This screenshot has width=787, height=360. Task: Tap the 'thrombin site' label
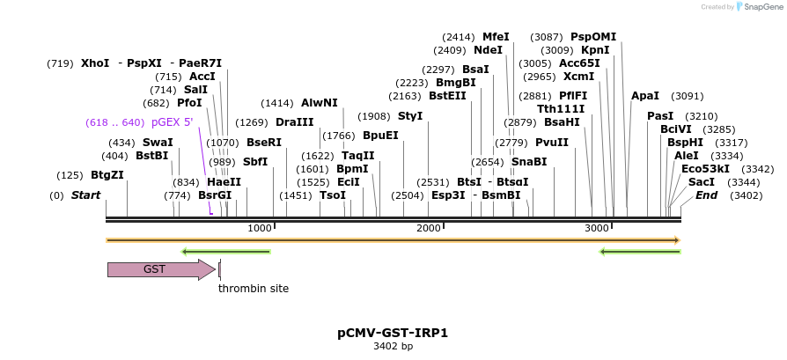(x=254, y=288)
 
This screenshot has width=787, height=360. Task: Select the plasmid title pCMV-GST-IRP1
(x=393, y=334)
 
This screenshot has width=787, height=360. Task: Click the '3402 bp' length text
(x=393, y=347)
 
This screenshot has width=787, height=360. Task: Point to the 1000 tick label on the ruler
(x=260, y=229)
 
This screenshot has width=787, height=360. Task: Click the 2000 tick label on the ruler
(x=429, y=229)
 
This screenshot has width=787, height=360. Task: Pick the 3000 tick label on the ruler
(x=598, y=229)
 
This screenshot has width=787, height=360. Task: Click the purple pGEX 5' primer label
(x=172, y=122)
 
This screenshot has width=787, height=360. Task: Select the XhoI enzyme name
(x=95, y=63)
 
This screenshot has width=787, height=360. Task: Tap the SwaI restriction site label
(x=158, y=143)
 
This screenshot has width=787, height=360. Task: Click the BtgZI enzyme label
(x=107, y=175)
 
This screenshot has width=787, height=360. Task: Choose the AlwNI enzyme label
(x=319, y=103)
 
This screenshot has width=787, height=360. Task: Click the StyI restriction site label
(x=410, y=116)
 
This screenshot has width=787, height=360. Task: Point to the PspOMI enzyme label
(x=593, y=37)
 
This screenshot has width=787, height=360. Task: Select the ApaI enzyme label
(x=645, y=96)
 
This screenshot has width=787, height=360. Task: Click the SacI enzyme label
(x=702, y=182)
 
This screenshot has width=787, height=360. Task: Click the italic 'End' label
(x=706, y=195)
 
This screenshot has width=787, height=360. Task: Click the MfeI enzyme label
(x=496, y=37)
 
